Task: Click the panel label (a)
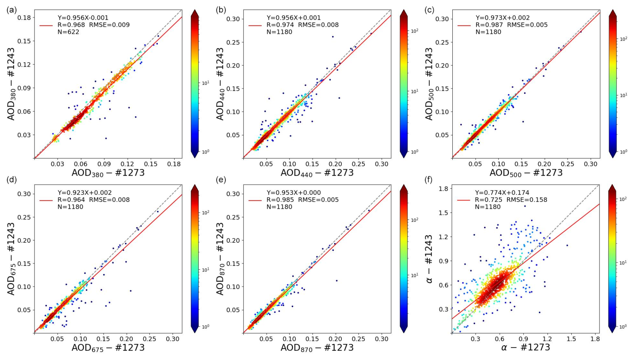click(x=11, y=10)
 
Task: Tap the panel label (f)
click(x=428, y=180)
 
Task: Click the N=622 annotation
click(x=68, y=32)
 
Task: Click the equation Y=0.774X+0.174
click(x=502, y=193)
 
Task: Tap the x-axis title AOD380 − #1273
click(x=108, y=173)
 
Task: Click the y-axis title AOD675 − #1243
click(x=11, y=258)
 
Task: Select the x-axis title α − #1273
click(x=525, y=348)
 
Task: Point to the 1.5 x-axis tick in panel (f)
click(x=571, y=339)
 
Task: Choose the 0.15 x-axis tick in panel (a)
click(x=151, y=164)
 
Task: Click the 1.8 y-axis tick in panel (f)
click(x=443, y=189)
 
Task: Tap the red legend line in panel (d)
click(x=46, y=200)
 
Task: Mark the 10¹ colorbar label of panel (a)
click(x=205, y=83)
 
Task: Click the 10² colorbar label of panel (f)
click(x=623, y=199)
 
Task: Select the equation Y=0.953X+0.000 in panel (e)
click(x=294, y=193)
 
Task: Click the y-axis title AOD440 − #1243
click(x=220, y=84)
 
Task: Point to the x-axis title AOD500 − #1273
click(x=526, y=173)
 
